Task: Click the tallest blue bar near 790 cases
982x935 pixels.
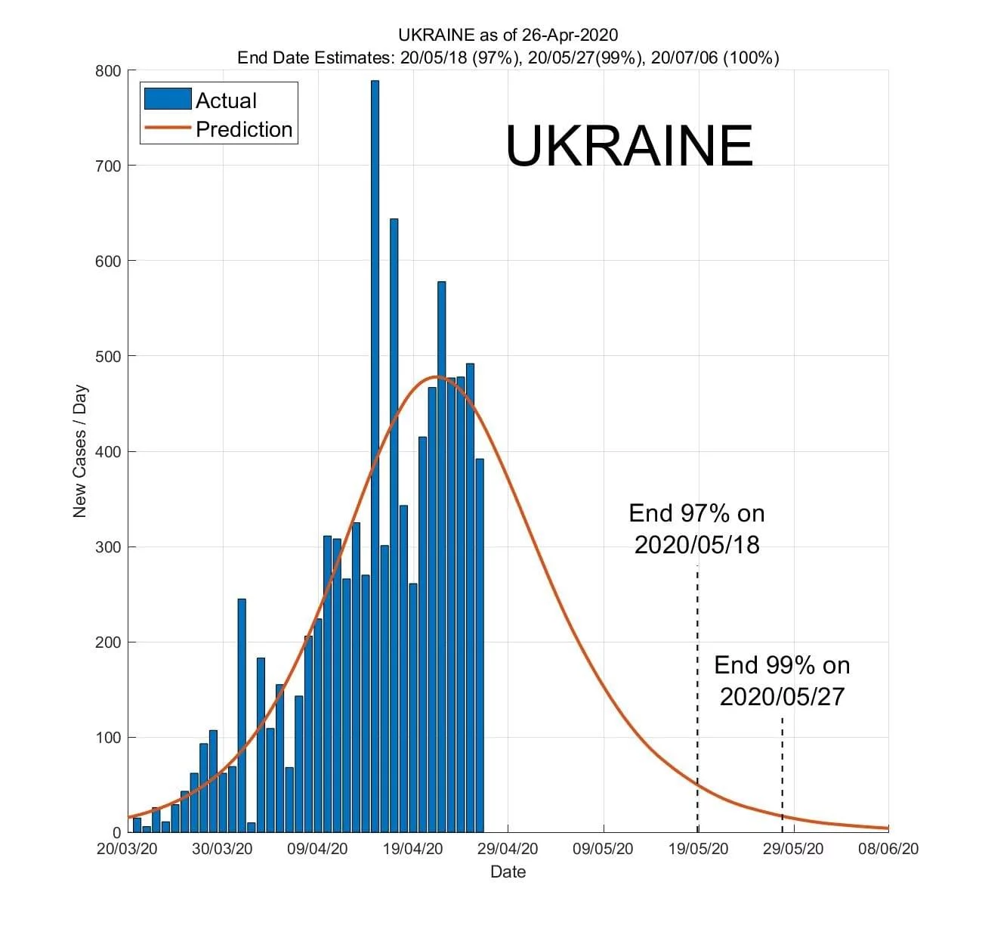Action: [375, 454]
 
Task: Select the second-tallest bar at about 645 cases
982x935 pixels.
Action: [394, 529]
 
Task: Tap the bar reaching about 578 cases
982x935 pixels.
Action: [441, 559]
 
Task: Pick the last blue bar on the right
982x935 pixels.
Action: [480, 642]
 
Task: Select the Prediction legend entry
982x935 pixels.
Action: [219, 129]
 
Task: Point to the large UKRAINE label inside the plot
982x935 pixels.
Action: [628, 146]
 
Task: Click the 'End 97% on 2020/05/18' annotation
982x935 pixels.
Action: [696, 528]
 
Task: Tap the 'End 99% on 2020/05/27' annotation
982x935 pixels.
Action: [782, 680]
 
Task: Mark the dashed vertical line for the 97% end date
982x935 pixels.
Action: [697, 680]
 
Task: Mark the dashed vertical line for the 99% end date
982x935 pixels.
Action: [782, 771]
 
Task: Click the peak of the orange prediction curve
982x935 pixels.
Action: [437, 376]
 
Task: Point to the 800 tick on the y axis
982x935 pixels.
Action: [108, 71]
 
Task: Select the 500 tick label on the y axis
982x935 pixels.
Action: [108, 356]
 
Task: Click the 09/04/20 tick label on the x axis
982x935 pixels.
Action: [317, 849]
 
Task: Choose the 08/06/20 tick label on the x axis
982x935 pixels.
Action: [888, 849]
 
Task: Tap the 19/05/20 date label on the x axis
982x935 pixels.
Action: [699, 849]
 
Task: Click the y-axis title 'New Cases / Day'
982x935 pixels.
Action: [80, 452]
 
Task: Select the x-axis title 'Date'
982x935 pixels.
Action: [508, 872]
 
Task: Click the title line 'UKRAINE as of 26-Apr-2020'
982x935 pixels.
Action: [508, 35]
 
